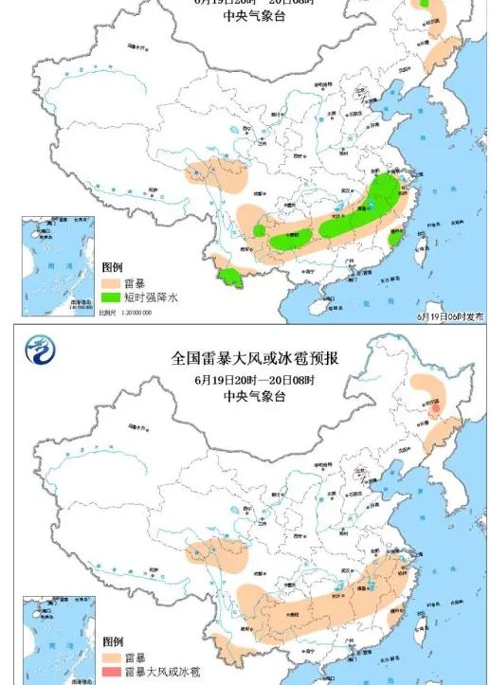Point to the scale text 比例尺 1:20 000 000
(127, 311)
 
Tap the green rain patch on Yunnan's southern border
(228, 276)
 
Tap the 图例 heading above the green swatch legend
(111, 268)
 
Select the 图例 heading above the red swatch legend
(111, 642)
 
